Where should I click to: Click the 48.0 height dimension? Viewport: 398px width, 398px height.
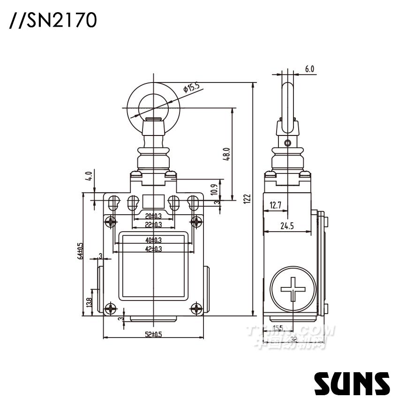(x=226, y=155)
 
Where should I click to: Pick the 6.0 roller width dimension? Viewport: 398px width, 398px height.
(x=309, y=69)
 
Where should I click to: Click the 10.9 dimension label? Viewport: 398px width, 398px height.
(x=214, y=188)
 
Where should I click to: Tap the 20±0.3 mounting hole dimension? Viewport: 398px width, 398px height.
(x=153, y=216)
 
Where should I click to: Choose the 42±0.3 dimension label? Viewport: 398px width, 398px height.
(x=153, y=249)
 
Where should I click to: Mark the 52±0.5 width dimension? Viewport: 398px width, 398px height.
(x=153, y=334)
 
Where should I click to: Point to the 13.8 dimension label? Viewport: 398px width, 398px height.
(x=89, y=303)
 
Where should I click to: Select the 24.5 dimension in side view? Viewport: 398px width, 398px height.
(x=286, y=226)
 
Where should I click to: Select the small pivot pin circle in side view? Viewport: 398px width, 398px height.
(x=288, y=142)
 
